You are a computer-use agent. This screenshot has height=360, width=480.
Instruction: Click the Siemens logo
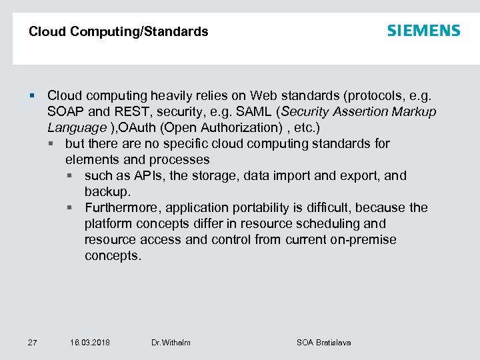423,31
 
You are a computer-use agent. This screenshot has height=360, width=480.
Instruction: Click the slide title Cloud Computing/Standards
119,31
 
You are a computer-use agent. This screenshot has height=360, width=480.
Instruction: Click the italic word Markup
413,111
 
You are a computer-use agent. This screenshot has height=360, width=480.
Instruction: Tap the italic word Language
77,127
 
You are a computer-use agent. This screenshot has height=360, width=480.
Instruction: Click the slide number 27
33,343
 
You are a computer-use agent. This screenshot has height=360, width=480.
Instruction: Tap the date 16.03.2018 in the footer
90,343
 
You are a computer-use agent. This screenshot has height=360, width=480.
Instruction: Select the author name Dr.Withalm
171,343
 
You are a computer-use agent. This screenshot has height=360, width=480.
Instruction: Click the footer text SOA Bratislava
323,343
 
